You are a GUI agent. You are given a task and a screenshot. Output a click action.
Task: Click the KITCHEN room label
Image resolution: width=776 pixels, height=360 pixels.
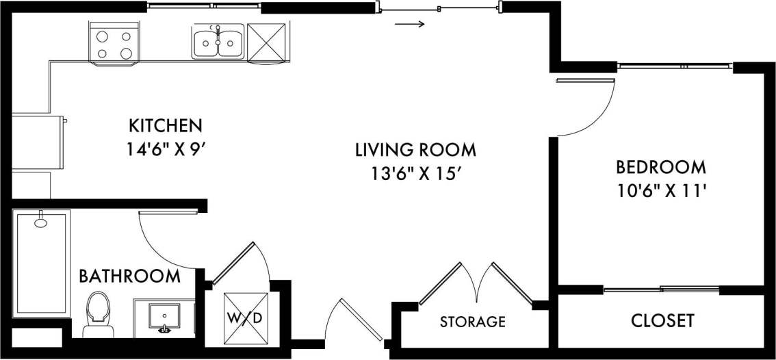tap(166, 126)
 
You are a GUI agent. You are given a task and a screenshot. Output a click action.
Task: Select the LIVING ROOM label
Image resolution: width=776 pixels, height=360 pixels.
tap(415, 149)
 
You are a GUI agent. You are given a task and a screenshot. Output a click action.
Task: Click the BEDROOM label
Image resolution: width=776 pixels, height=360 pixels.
tap(661, 167)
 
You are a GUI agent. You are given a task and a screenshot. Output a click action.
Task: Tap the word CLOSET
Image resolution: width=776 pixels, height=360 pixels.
tap(662, 320)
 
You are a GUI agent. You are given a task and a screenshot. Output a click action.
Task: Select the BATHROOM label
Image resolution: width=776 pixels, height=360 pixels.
tap(130, 277)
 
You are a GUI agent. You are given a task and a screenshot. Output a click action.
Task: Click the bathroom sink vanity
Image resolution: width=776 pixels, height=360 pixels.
tap(164, 317)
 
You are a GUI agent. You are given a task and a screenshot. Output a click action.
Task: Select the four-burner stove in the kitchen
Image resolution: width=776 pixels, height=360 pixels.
tap(114, 43)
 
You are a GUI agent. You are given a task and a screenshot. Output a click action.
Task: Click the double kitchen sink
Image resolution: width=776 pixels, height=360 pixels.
tap(218, 42)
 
